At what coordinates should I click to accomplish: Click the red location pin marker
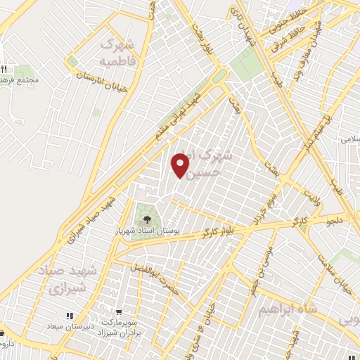181,165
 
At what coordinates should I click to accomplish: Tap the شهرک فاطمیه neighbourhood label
117,53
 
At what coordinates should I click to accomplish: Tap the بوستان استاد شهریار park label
147,231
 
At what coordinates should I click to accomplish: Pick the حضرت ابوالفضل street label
157,275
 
